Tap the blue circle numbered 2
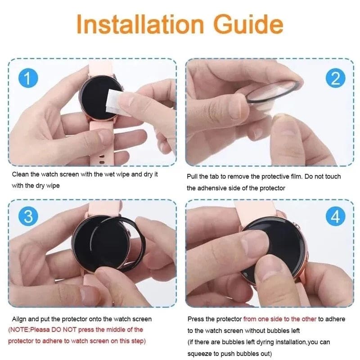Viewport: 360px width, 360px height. coord(335,79)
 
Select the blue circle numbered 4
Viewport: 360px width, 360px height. coord(335,217)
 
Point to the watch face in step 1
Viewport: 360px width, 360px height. coord(97,97)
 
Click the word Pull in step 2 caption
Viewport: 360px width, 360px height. coord(193,176)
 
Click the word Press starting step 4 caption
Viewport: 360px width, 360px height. coord(196,319)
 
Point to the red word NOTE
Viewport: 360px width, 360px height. coord(20,329)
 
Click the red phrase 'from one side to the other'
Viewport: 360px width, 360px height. coord(279,319)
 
